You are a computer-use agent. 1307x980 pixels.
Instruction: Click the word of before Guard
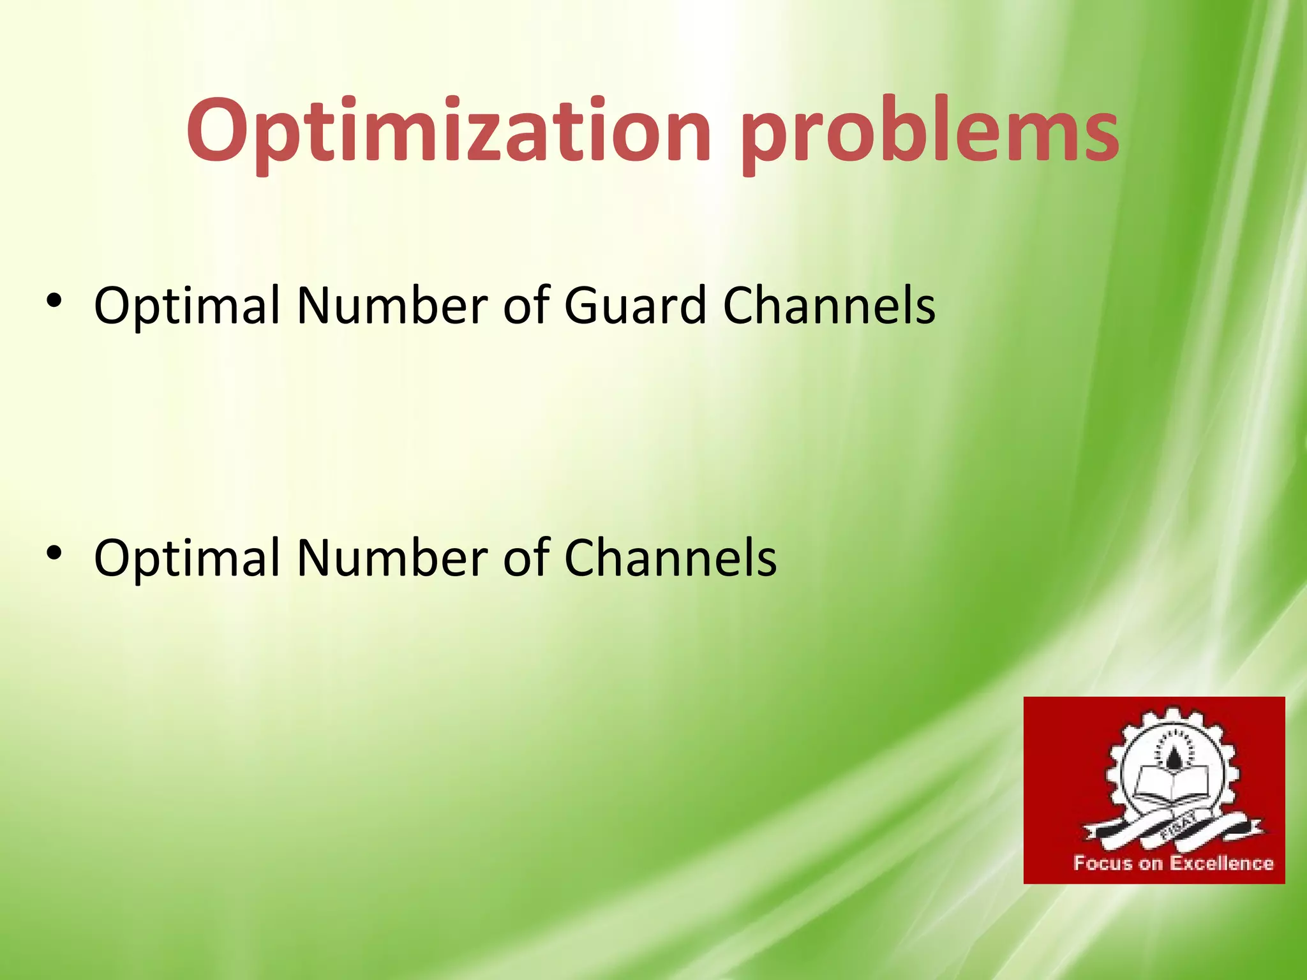527,305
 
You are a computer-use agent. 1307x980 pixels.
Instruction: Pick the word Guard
634,305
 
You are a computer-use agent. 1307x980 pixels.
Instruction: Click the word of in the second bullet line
527,557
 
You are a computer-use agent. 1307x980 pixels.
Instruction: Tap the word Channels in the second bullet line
670,557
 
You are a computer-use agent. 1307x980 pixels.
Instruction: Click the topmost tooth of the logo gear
1173,713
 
